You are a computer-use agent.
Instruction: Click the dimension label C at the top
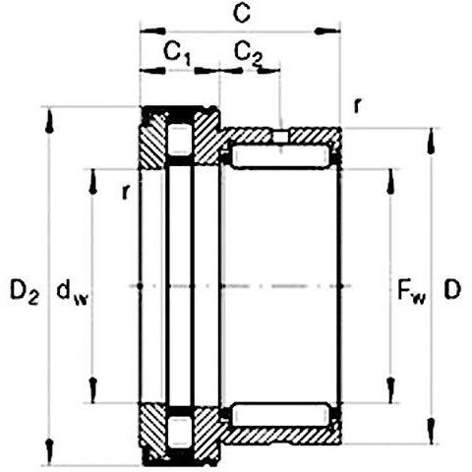tap(242, 15)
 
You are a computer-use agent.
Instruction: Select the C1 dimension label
tap(177, 54)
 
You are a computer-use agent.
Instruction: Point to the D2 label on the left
tap(25, 290)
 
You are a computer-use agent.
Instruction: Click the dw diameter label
tap(73, 292)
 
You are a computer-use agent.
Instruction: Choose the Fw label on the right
tap(412, 291)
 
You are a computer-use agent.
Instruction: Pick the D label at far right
tap(452, 289)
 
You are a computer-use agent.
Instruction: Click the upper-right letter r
tap(358, 105)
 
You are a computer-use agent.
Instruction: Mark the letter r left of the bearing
tap(126, 192)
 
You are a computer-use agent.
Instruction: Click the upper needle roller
tap(280, 156)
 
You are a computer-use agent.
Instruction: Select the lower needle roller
tap(280, 416)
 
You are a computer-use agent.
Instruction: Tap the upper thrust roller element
tap(179, 139)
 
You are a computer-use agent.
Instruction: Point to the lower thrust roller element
tap(179, 432)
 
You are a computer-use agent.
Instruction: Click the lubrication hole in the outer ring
tap(280, 137)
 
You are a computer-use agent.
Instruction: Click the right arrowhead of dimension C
tap(327, 31)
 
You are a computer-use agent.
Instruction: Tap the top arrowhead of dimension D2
tap(49, 120)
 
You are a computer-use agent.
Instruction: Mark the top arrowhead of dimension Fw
tap(390, 182)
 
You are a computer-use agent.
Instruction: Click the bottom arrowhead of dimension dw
tap(93, 389)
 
